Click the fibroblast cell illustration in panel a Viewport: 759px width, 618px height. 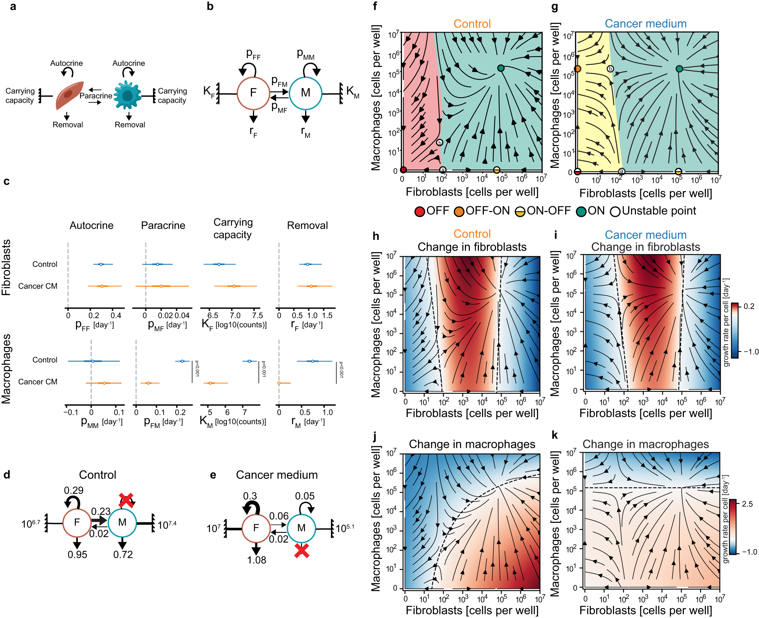69,96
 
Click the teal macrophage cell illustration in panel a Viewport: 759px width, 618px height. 128,95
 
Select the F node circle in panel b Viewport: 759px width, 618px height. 253,93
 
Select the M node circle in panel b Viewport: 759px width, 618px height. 305,93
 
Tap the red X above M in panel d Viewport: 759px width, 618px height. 126,500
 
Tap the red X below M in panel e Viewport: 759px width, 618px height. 302,551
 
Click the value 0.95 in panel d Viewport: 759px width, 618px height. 77,555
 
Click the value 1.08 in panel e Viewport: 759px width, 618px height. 257,560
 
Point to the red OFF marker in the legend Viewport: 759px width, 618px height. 419,212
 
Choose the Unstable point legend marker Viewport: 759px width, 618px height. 615,212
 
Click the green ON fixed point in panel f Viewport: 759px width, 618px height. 501,68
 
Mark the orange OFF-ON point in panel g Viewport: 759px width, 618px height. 577,69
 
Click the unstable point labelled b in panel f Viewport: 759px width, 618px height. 439,143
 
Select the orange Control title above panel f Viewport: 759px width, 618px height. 472,24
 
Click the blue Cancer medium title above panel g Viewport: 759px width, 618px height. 646,24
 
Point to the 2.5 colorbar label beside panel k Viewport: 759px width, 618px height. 747,504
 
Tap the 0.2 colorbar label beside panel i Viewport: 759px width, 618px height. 749,306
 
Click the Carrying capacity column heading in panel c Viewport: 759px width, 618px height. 233,228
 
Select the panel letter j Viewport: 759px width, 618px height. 375,436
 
